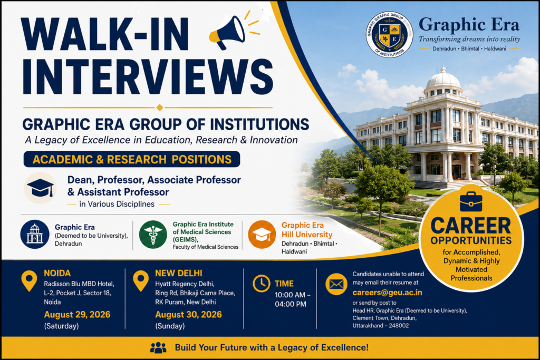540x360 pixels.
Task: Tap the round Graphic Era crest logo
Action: (x=389, y=34)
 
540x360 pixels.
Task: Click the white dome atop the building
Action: (x=443, y=79)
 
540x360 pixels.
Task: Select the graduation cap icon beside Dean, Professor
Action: (x=40, y=188)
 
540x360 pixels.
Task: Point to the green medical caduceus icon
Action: (x=153, y=235)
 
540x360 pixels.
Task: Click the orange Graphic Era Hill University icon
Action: (x=262, y=235)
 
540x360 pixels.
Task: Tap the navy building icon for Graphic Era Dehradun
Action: (x=34, y=235)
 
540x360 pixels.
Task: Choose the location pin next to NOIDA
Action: (x=29, y=280)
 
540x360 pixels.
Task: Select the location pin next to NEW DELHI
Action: (x=140, y=280)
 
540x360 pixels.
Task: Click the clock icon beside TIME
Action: (x=262, y=284)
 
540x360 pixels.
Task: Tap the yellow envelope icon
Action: (x=336, y=284)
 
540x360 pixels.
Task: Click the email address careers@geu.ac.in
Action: (x=387, y=293)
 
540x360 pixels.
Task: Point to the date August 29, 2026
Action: (x=77, y=314)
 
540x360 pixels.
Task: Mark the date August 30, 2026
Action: (x=188, y=314)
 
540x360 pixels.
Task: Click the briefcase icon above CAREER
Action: (x=471, y=202)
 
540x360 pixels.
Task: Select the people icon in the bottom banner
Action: (x=158, y=347)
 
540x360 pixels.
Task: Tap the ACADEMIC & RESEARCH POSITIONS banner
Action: (x=131, y=159)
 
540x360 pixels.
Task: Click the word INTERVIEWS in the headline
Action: (x=148, y=77)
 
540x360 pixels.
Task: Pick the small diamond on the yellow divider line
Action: (x=159, y=108)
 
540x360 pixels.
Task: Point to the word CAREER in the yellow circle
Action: (x=471, y=226)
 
